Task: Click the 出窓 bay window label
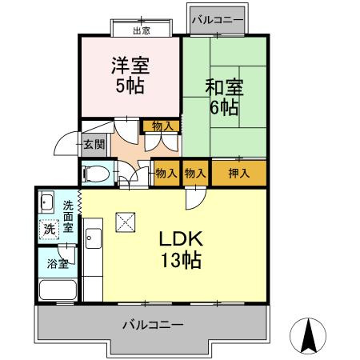(x=141, y=31)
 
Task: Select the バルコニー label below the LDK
(x=153, y=326)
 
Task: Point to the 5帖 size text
(x=130, y=86)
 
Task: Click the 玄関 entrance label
(x=94, y=145)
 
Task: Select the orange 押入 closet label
(x=237, y=173)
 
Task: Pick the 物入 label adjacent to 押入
(x=195, y=173)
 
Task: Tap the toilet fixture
(x=97, y=174)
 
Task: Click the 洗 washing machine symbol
(x=49, y=228)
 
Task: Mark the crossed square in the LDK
(x=126, y=221)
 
